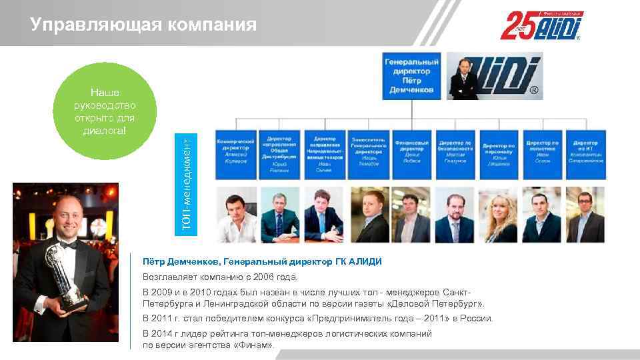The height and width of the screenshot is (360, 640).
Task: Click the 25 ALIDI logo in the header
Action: click(541, 26)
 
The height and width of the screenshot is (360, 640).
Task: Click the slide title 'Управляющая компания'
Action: click(143, 25)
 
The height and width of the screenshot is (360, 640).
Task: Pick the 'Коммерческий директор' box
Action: click(236, 153)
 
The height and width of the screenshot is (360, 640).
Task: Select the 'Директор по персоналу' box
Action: click(499, 153)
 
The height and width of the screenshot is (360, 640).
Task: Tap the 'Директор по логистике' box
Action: click(542, 153)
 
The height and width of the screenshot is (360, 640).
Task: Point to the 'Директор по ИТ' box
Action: click(585, 153)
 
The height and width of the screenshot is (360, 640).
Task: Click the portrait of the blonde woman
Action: click(498, 215)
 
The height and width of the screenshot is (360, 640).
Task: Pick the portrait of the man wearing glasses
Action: click(585, 215)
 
